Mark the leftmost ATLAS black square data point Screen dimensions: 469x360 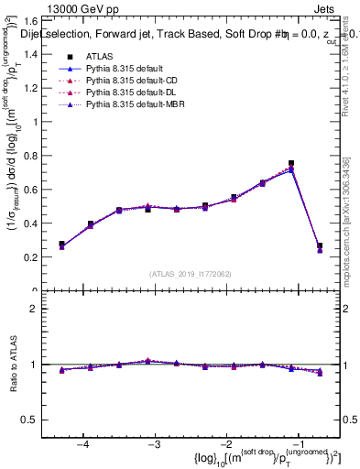coord(62,245)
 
